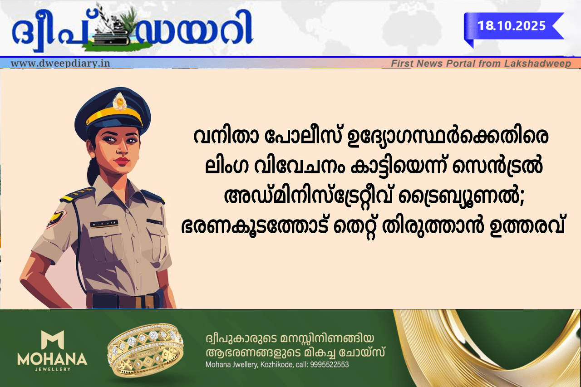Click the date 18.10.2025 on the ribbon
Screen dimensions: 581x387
point(512,26)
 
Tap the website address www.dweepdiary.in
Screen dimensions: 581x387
point(60,63)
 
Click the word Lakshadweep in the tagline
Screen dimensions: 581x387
point(537,64)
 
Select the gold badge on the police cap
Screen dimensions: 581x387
point(119,101)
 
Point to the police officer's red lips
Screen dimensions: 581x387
point(122,162)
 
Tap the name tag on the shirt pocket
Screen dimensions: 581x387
point(104,223)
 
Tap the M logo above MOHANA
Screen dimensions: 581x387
point(53,339)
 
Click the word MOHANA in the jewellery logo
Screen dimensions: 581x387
point(52,359)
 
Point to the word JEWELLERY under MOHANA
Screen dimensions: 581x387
point(52,369)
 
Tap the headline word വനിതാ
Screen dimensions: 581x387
point(226,137)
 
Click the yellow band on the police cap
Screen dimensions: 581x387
point(114,115)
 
